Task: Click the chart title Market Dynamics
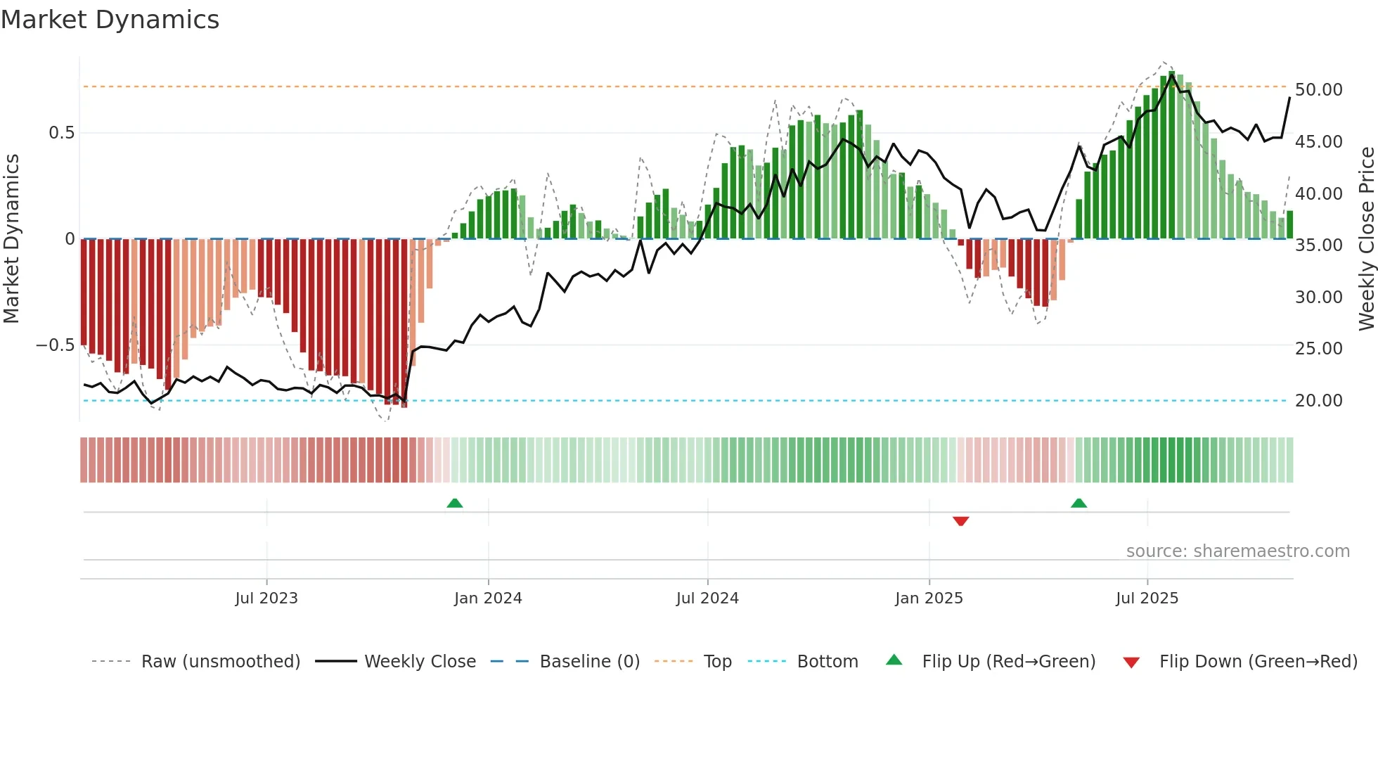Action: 110,20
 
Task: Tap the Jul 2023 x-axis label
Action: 266,598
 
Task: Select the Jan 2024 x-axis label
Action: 488,598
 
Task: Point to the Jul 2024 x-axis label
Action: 707,598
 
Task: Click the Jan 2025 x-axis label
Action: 929,598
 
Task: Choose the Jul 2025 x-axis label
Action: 1147,598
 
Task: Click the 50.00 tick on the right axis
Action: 1318,90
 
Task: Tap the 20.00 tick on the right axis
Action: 1318,401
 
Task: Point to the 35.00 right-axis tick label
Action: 1318,245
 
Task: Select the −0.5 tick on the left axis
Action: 55,345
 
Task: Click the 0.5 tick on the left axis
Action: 61,133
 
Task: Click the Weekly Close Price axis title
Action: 1366,239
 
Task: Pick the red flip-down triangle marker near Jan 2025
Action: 961,521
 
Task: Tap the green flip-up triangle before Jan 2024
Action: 455,503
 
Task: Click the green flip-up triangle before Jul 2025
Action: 1078,503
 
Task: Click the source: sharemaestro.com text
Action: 1237,551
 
